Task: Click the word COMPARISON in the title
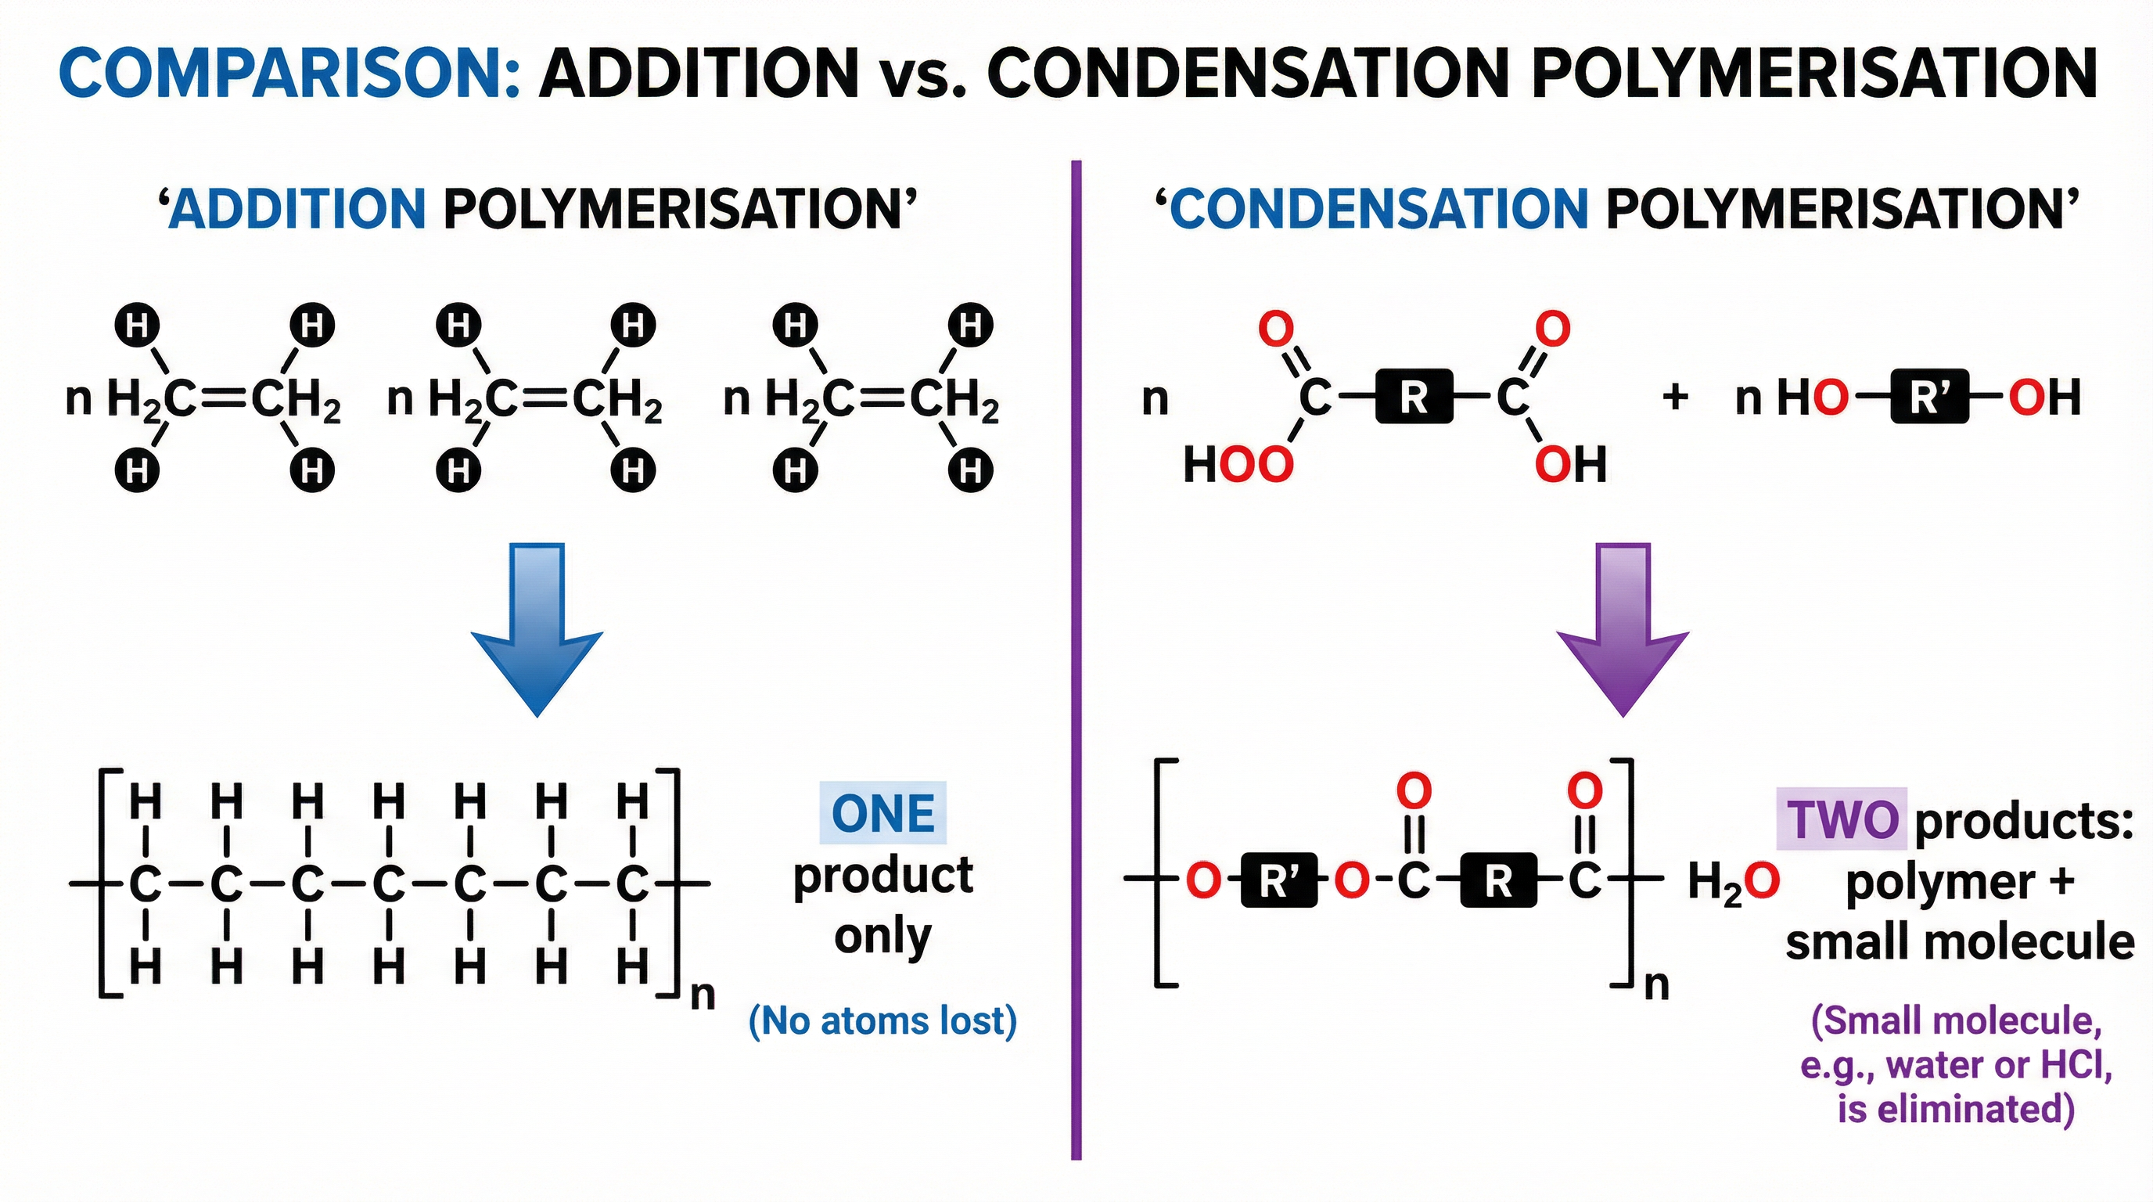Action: (289, 74)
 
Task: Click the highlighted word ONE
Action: (882, 813)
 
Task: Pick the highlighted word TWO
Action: (1842, 819)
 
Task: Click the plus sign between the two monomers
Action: (1675, 397)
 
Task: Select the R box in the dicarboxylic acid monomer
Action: (1414, 397)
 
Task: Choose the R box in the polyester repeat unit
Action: (1497, 881)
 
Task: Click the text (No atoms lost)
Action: (882, 1020)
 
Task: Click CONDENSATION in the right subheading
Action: (1378, 208)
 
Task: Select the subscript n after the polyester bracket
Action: (1656, 986)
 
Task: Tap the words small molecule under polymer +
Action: (1959, 943)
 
